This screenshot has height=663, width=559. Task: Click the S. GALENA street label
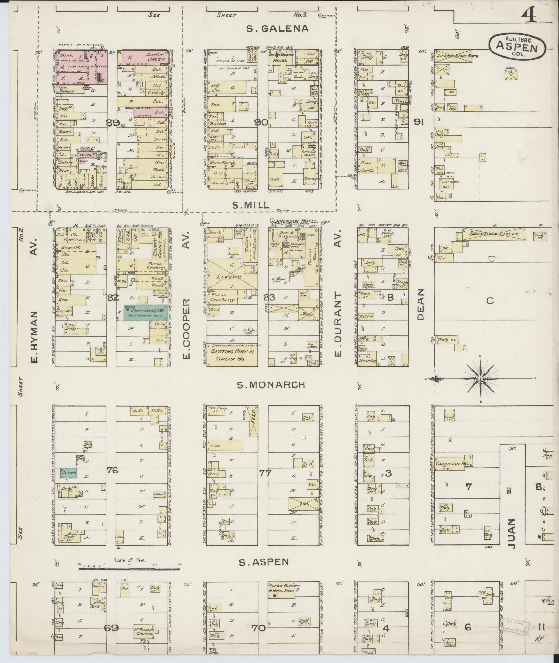[277, 28]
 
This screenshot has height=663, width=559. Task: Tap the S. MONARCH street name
[271, 384]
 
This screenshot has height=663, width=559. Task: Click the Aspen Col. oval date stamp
[517, 45]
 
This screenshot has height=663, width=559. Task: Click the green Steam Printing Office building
[147, 312]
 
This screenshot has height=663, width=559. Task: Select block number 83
[269, 297]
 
